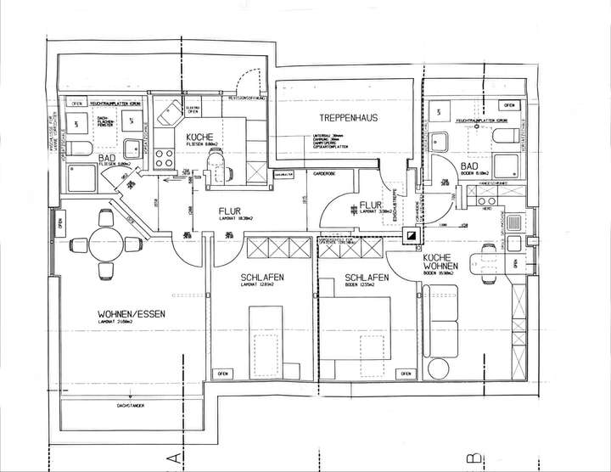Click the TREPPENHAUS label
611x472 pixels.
tap(348, 117)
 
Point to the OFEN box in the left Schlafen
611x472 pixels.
tap(223, 374)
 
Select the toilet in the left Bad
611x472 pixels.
tap(79, 149)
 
